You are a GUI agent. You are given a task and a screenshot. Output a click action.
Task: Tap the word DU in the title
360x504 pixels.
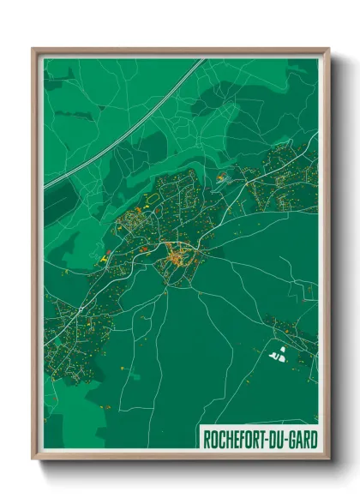pyautogui.click(x=281, y=438)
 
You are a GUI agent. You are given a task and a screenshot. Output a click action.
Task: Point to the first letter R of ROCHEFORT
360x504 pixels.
pyautogui.click(x=207, y=438)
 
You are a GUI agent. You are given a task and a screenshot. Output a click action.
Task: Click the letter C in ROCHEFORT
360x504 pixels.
pyautogui.click(x=223, y=438)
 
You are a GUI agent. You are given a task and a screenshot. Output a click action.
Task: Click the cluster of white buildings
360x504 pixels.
pyautogui.click(x=275, y=351)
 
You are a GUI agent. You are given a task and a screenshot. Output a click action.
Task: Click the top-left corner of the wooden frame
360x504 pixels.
pyautogui.click(x=33, y=49)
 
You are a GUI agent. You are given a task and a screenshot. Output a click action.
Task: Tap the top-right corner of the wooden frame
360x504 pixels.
pyautogui.click(x=328, y=49)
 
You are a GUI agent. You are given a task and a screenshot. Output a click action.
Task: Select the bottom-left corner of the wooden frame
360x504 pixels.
pyautogui.click(x=33, y=459)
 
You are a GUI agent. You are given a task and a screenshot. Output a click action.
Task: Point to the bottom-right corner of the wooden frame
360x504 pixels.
pyautogui.click(x=328, y=459)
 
